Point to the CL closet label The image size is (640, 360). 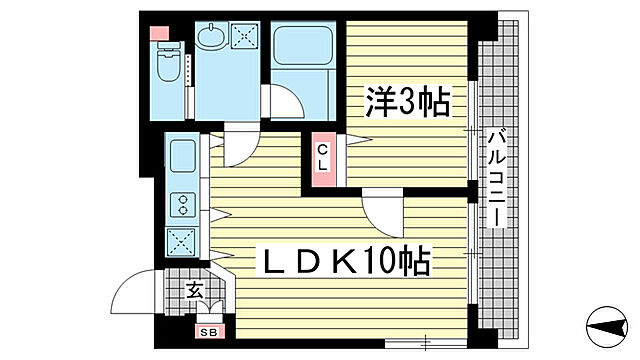323,157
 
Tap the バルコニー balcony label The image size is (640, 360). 497,181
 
